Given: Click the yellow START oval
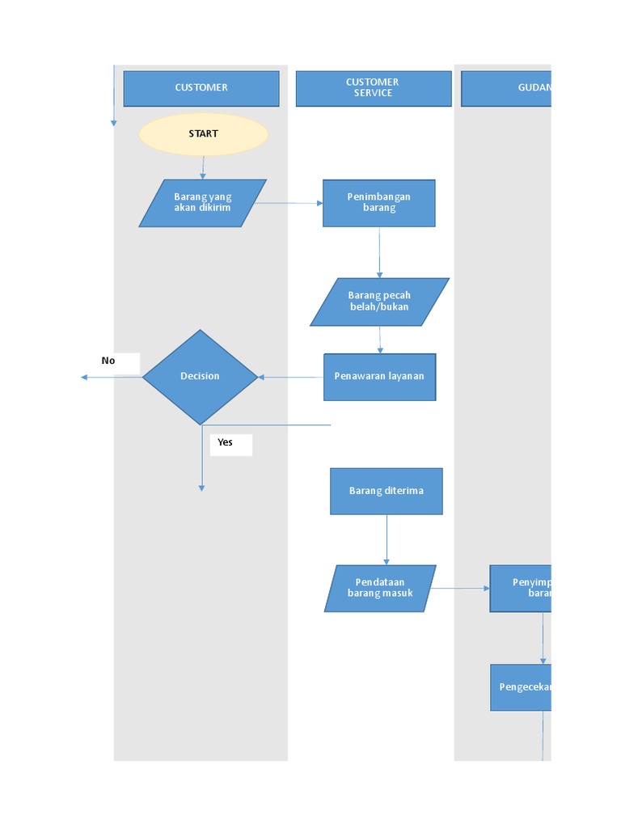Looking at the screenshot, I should coord(203,134).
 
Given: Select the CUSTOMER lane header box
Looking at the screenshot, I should coord(201,88).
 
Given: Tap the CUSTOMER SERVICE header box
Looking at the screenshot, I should coord(373,88).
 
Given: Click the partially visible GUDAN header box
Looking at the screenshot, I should coord(506,88).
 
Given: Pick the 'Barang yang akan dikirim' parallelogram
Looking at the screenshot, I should coord(202,203).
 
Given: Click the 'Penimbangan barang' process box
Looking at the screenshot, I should coord(378,203).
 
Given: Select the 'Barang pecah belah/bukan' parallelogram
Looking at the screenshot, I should coord(379,302).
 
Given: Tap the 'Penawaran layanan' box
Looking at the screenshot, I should coord(379,377).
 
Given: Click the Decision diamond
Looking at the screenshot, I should coord(200,377).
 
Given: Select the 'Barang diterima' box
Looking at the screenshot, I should coord(386,491).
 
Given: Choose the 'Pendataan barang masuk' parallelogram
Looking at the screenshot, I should coord(380,588).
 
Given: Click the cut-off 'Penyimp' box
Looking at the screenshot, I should coord(521,588).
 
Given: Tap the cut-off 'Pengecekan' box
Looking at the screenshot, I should coord(521,687).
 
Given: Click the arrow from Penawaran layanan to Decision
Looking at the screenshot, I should coord(291,377).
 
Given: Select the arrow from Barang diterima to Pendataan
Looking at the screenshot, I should coord(387,539).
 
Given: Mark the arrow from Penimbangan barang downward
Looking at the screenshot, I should coord(379,252).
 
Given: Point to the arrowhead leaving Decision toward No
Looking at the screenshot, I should coord(85,377).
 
